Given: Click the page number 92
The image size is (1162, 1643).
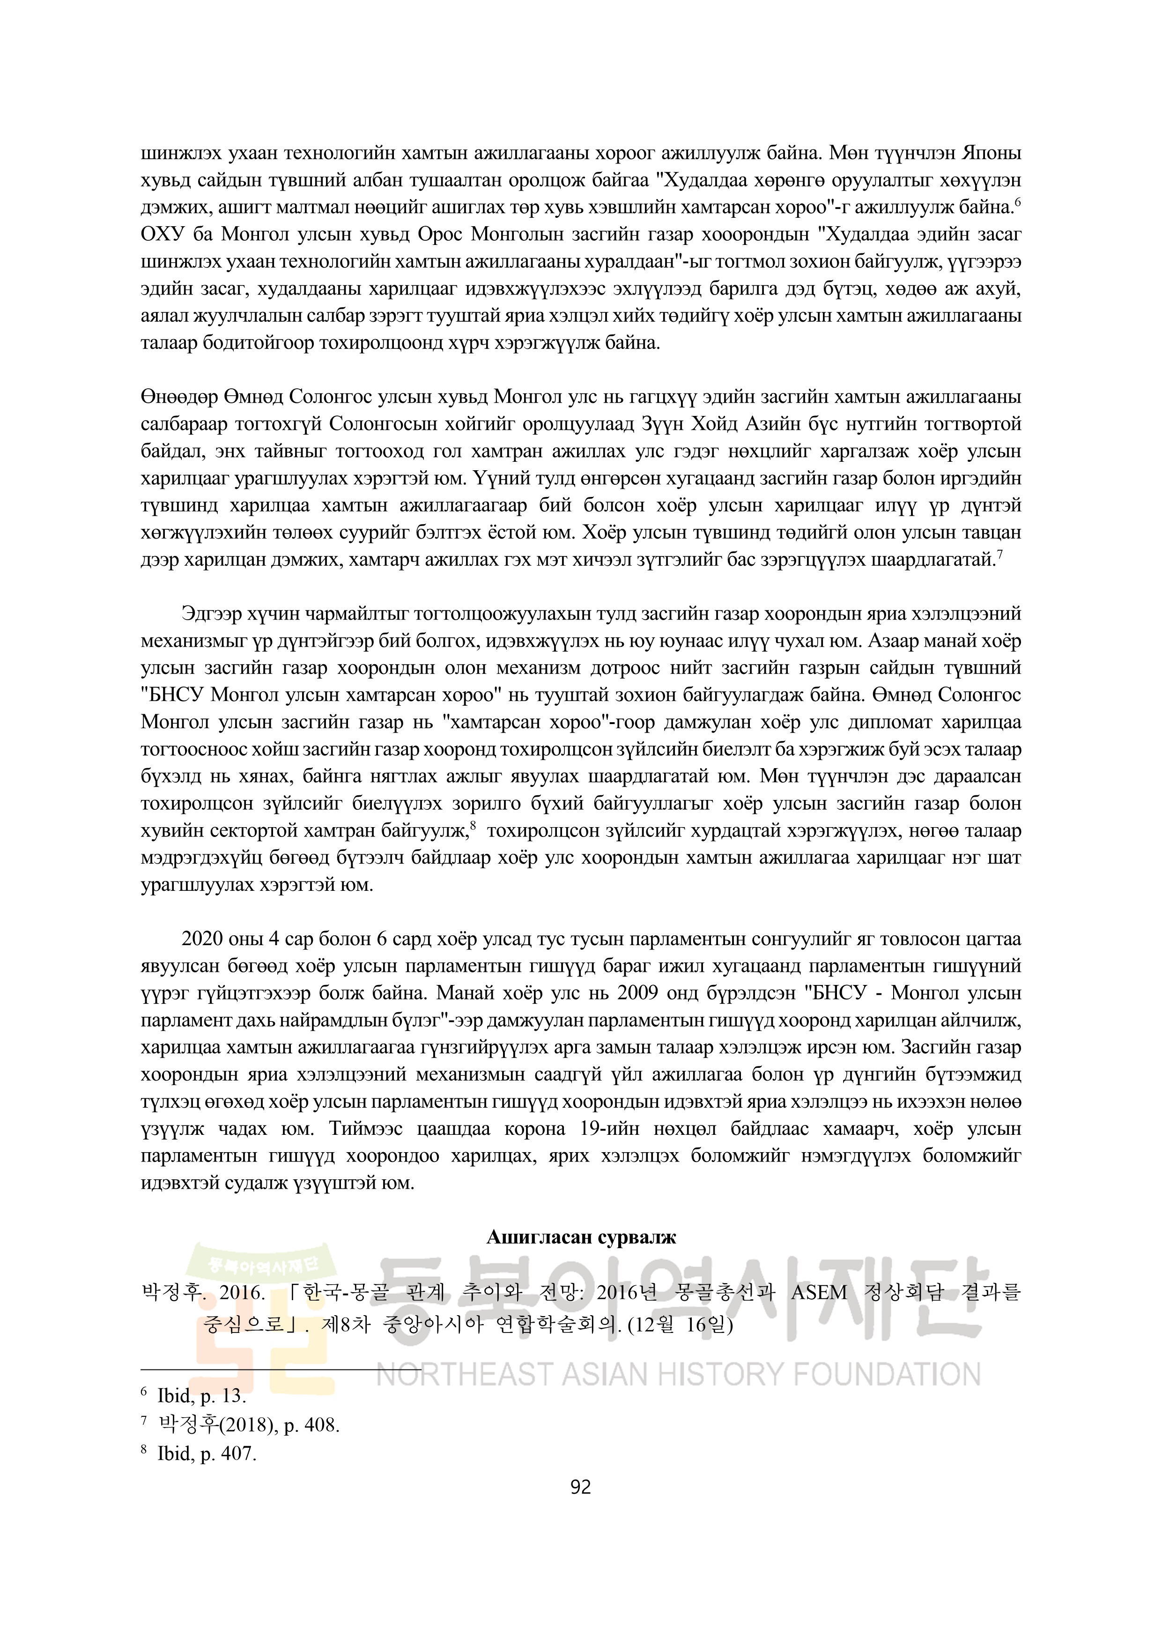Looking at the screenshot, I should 580,1487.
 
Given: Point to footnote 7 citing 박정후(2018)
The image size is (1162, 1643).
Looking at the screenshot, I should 249,1425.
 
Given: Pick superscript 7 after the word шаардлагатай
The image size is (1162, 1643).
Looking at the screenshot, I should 999,554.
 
